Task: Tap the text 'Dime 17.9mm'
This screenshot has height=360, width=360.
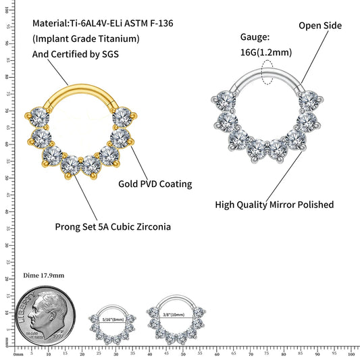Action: (43, 276)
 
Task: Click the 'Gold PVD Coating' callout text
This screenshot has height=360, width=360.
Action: (155, 184)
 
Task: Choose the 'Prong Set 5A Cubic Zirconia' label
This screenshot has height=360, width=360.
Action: (112, 226)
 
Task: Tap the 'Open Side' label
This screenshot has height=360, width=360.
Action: (320, 26)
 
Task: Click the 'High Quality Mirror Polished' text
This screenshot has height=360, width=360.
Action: (274, 204)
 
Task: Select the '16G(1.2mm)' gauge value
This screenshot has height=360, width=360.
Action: (267, 51)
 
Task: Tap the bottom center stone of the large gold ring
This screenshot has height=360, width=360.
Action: (70, 164)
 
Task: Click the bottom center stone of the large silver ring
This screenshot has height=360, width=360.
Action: (257, 146)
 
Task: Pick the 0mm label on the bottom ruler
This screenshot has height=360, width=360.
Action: (18, 354)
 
